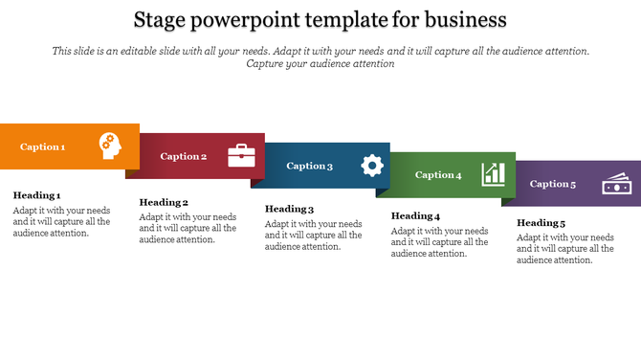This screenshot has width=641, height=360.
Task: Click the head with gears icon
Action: tap(111, 146)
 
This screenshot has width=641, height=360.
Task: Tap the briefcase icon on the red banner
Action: tap(241, 155)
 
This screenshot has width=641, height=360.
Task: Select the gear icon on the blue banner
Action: tap(371, 166)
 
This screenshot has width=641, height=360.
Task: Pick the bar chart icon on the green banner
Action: tap(494, 173)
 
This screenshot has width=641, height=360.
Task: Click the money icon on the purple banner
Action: tap(616, 184)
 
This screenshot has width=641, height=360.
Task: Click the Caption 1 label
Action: tap(43, 147)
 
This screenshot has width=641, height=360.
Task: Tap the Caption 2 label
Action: tap(184, 156)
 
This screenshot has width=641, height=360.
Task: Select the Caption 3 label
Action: tap(310, 166)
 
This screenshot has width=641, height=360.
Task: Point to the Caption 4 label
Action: tap(438, 175)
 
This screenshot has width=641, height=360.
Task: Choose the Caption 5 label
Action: tap(553, 184)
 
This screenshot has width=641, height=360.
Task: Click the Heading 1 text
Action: tap(36, 195)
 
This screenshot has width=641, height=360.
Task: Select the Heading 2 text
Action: tap(164, 202)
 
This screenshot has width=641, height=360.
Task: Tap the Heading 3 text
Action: tap(289, 209)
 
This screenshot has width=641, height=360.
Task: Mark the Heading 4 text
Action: tap(415, 216)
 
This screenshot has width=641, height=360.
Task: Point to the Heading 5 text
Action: tap(542, 223)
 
